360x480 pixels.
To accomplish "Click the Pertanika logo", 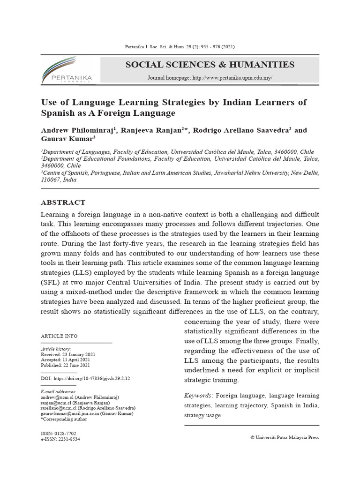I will click(x=67, y=70).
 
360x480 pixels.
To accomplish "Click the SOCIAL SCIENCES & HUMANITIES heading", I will click(x=210, y=65).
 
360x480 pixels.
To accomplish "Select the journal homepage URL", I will click(x=232, y=78).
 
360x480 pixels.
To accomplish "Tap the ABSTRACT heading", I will click(x=63, y=202).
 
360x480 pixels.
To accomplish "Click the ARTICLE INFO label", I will click(x=60, y=336).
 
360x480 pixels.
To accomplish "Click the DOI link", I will click(x=92, y=378).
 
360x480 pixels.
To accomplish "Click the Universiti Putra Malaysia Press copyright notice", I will click(x=285, y=437).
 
